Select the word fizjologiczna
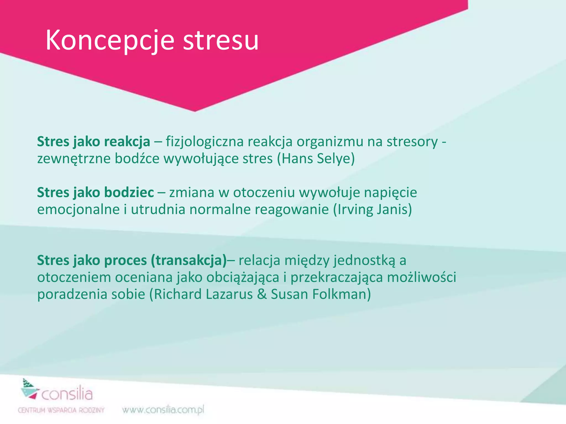point(205,142)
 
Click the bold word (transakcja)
point(189,260)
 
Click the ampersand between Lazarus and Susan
point(261,294)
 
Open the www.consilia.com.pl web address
point(163,410)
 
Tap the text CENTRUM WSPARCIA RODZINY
point(61,410)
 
